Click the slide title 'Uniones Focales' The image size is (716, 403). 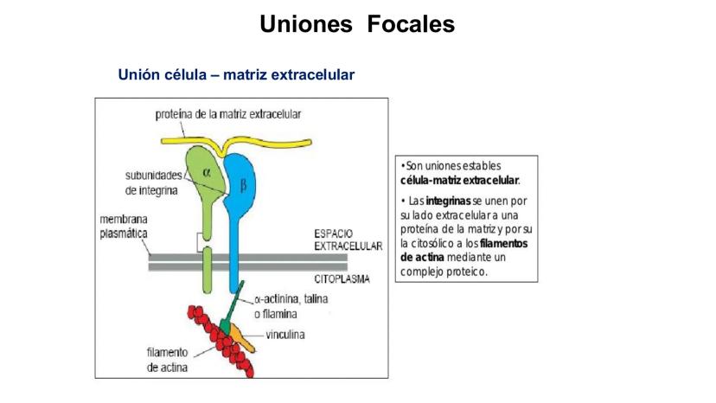tap(357, 24)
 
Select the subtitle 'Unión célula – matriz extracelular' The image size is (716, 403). tap(236, 75)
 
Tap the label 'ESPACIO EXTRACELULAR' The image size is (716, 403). tap(347, 240)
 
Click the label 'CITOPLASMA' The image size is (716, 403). tap(342, 279)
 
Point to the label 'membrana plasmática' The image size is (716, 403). tap(122, 227)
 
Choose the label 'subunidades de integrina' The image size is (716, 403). tap(152, 182)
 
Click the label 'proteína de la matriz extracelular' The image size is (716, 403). tap(228, 113)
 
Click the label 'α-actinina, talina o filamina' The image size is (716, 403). tap(291, 305)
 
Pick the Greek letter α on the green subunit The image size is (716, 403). tap(206, 171)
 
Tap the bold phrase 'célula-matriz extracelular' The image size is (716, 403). tap(459, 180)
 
